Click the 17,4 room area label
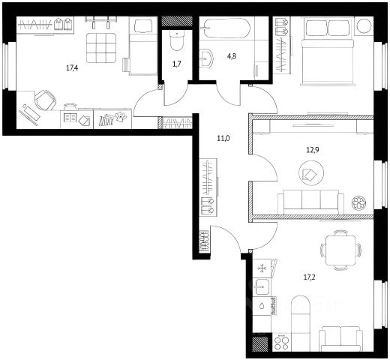(72, 67)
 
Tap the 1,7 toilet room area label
(176, 64)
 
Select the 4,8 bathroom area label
(231, 56)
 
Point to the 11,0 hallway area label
(223, 138)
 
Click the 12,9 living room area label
(313, 150)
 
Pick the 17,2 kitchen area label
(310, 277)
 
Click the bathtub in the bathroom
(226, 28)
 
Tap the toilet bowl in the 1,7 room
(177, 40)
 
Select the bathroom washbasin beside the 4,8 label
(207, 58)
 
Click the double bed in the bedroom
(328, 51)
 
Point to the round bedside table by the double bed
(364, 25)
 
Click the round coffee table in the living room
(311, 173)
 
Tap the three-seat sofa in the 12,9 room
(310, 202)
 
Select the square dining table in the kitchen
(340, 250)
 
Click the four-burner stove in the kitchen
(281, 343)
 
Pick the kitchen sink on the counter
(262, 286)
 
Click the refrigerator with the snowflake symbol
(262, 268)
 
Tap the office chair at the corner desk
(45, 100)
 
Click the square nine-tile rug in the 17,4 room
(101, 47)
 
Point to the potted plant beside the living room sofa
(359, 202)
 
